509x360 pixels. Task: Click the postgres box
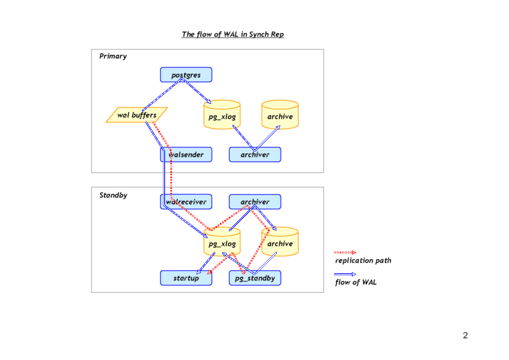(186, 75)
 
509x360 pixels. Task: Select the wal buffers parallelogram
(137, 115)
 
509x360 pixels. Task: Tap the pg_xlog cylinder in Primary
(222, 116)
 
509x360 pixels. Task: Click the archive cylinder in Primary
(280, 116)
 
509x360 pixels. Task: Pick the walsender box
(186, 155)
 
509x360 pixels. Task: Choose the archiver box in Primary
(254, 155)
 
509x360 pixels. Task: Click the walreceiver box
(186, 202)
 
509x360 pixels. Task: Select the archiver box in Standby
(254, 202)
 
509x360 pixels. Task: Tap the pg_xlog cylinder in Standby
(222, 243)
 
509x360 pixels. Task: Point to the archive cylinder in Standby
(280, 243)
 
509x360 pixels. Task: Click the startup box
(186, 278)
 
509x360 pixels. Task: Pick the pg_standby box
(254, 278)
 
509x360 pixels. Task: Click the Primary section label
(113, 56)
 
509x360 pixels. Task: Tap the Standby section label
(113, 195)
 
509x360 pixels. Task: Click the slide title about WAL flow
(233, 34)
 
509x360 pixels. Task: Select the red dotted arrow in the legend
(345, 252)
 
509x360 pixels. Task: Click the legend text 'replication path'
(363, 261)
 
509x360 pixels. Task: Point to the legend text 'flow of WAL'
(356, 282)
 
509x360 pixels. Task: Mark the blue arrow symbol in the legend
(345, 274)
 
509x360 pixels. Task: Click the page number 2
(465, 336)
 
